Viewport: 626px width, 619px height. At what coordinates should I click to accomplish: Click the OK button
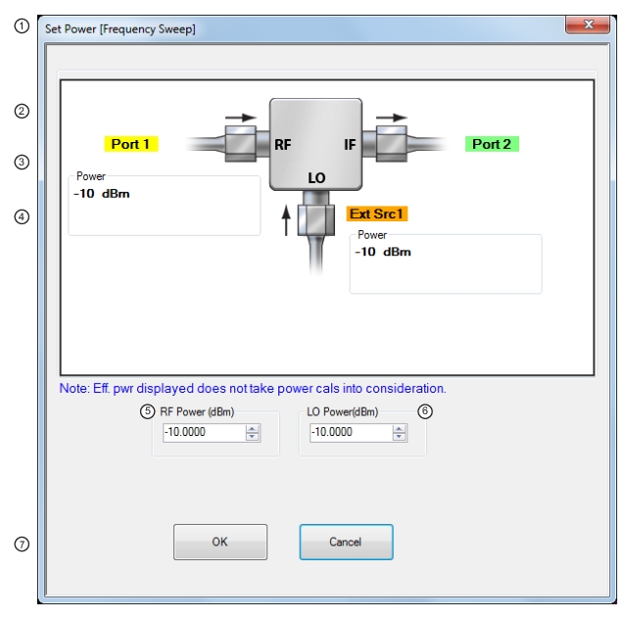(x=220, y=542)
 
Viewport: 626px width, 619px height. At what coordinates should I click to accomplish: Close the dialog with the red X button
(x=588, y=24)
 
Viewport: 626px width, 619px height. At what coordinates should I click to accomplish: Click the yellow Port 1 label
(x=131, y=144)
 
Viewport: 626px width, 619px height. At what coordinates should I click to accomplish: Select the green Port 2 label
(x=492, y=144)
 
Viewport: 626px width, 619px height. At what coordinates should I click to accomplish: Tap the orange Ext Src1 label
(x=376, y=214)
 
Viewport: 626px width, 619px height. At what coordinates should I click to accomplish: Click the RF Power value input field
(x=204, y=432)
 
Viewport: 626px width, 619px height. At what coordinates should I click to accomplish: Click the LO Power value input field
(x=351, y=432)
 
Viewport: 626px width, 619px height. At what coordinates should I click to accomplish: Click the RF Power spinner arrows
(x=253, y=433)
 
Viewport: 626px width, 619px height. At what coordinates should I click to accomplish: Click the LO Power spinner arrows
(x=400, y=433)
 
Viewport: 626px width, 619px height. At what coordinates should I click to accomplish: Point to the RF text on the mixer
(x=283, y=145)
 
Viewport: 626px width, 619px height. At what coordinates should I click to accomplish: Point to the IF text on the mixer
(x=350, y=145)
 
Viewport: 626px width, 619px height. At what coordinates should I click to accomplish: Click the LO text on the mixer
(x=316, y=178)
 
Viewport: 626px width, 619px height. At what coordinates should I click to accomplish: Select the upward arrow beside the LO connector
(x=286, y=220)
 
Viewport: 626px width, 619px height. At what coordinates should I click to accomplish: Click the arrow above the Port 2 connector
(x=392, y=118)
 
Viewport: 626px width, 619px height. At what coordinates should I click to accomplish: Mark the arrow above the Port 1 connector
(x=241, y=118)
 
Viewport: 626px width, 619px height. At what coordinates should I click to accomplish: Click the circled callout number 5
(x=147, y=411)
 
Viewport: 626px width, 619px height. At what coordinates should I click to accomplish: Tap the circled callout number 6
(x=425, y=411)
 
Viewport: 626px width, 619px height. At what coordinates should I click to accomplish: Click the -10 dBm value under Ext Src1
(x=383, y=252)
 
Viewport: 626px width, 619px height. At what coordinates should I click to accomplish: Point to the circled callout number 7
(x=22, y=544)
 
